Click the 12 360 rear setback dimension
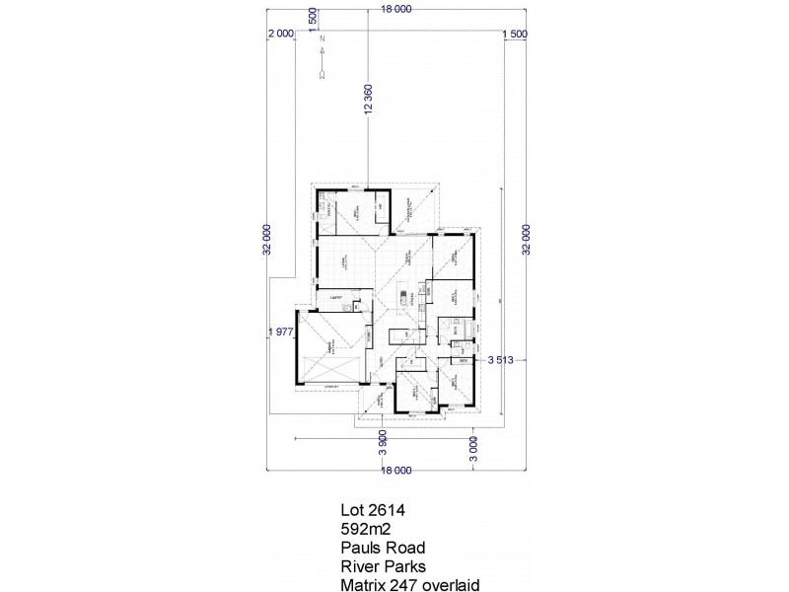[x=368, y=102]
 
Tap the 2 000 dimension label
[x=280, y=34]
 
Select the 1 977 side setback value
[x=280, y=333]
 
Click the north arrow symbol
[x=322, y=71]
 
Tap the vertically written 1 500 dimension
[x=313, y=19]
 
